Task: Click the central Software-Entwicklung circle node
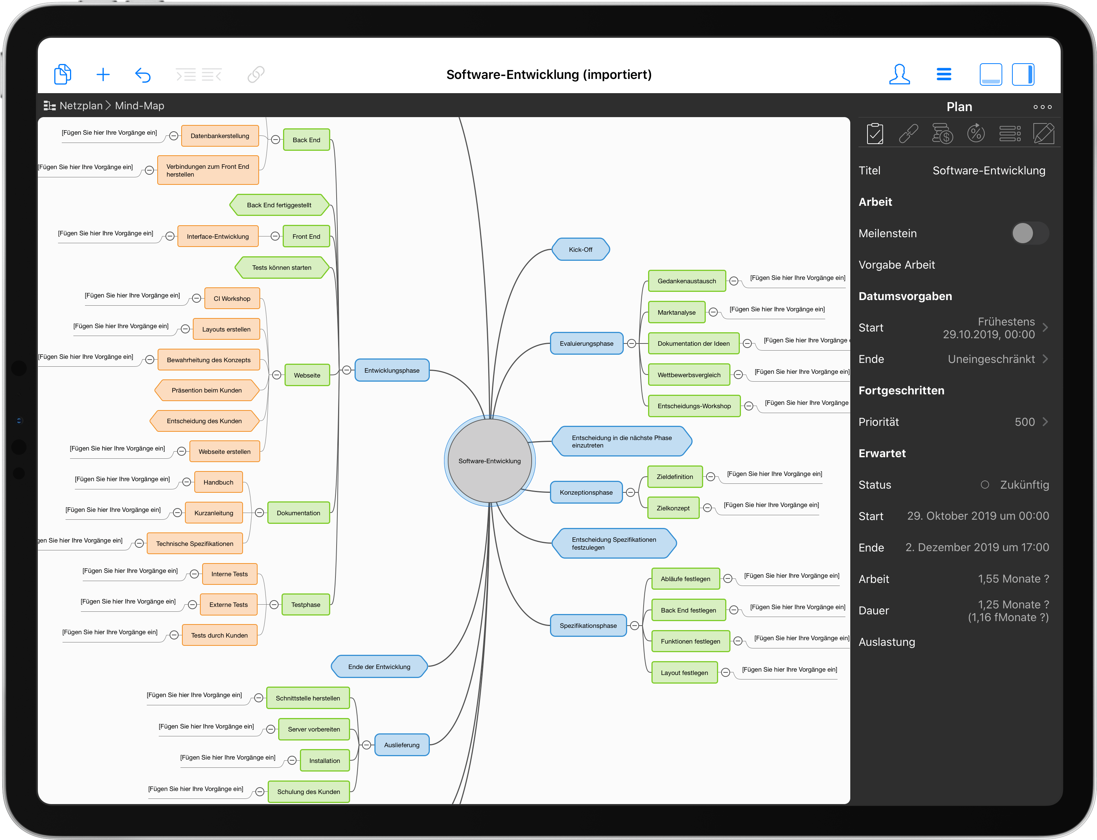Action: click(489, 461)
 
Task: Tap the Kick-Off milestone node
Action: click(580, 250)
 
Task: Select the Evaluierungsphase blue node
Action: click(586, 343)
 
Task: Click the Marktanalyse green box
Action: click(676, 312)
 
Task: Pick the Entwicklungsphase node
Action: click(392, 370)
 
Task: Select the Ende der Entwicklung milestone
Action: click(379, 666)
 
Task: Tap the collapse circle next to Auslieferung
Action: click(367, 745)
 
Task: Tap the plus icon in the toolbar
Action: click(103, 75)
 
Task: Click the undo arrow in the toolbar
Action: click(143, 75)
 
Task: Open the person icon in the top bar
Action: click(899, 74)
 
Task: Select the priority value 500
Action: click(1024, 422)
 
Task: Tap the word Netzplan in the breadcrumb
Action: click(80, 106)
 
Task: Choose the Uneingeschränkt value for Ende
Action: click(991, 359)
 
